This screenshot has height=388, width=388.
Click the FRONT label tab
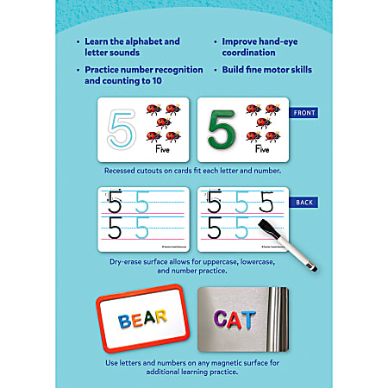click(304, 113)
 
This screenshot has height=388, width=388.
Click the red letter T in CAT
click(249, 320)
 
